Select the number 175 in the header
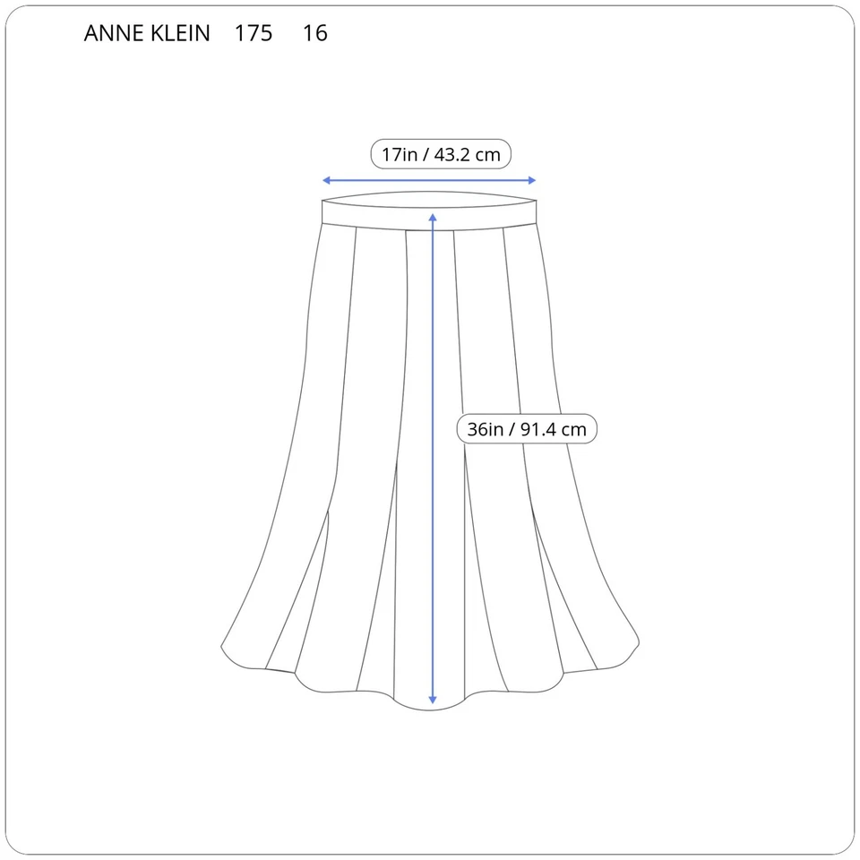click(x=254, y=34)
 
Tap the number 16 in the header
click(x=315, y=34)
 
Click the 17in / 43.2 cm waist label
click(x=441, y=154)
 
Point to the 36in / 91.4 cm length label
click(x=527, y=429)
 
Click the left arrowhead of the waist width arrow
click(x=326, y=180)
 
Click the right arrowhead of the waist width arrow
click(x=532, y=180)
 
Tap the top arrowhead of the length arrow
click(x=433, y=217)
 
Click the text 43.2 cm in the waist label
click(x=468, y=154)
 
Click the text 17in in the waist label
click(x=400, y=154)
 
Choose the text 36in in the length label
click(x=486, y=429)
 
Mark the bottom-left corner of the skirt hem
click(x=224, y=647)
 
